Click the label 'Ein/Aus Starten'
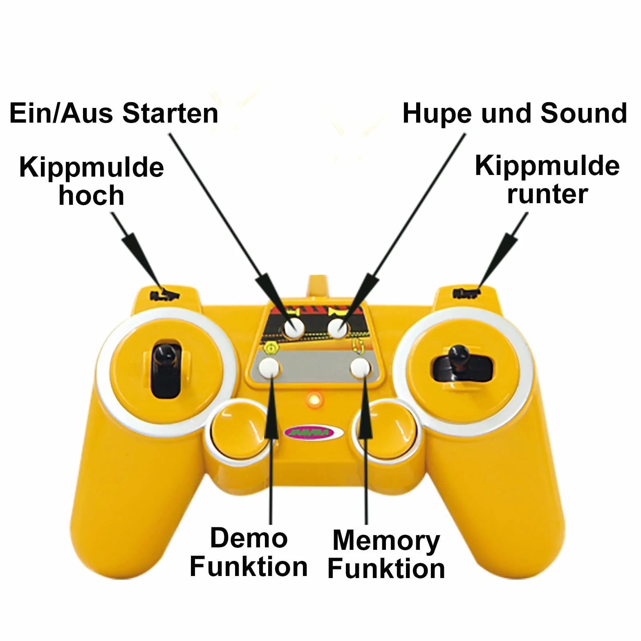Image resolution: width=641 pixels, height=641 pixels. tap(114, 113)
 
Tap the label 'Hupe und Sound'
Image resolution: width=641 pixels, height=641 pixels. tap(515, 113)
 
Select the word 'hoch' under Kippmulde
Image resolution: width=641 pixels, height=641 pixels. tap(91, 195)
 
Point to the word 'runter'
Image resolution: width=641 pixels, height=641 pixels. tap(547, 194)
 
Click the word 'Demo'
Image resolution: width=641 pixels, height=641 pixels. tap(249, 538)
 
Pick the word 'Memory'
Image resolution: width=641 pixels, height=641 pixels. tap(386, 541)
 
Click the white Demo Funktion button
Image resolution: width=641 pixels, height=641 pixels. tap(269, 368)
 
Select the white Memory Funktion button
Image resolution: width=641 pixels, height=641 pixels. tap(361, 368)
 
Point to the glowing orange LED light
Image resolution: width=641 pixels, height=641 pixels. tap(314, 399)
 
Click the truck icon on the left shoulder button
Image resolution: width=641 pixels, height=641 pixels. tap(165, 295)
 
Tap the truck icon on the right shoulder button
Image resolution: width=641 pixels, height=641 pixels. tap(466, 293)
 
